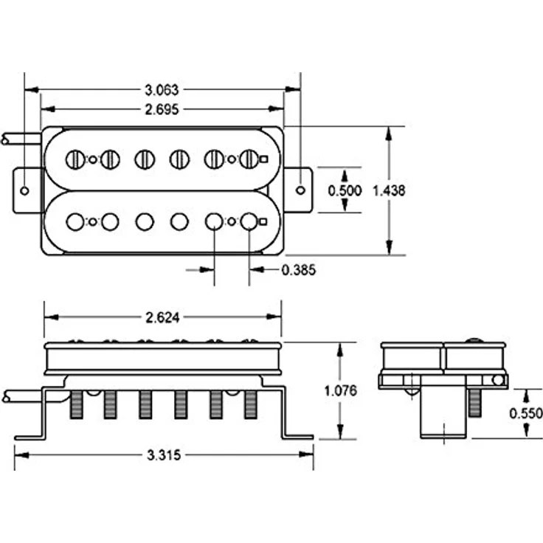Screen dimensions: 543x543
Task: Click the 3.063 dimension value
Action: pyautogui.click(x=162, y=90)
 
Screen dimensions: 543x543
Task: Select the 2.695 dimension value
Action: pyautogui.click(x=162, y=109)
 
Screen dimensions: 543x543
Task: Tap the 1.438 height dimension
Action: pyautogui.click(x=389, y=190)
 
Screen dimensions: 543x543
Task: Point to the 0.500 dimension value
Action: pyautogui.click(x=345, y=190)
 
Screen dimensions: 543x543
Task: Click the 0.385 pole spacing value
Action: pyautogui.click(x=299, y=270)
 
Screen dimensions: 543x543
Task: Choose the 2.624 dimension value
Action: pyautogui.click(x=162, y=317)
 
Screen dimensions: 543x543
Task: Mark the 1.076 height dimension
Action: pyautogui.click(x=340, y=390)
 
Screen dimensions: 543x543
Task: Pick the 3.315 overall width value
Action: pyautogui.click(x=164, y=454)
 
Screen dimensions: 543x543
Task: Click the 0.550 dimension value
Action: pyautogui.click(x=526, y=413)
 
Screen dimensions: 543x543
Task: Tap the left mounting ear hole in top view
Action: pyautogui.click(x=24, y=190)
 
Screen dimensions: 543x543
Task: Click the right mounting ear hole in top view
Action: pyautogui.click(x=300, y=190)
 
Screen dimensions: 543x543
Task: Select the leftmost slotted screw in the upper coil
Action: pyautogui.click(x=75, y=159)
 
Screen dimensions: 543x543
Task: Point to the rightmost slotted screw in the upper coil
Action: pyautogui.click(x=249, y=159)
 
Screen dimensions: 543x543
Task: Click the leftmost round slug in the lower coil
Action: pyautogui.click(x=75, y=221)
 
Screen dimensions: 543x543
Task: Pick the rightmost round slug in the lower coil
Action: pyautogui.click(x=249, y=221)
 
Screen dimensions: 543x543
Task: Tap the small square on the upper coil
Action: pyautogui.click(x=263, y=159)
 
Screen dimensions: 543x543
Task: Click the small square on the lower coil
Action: pyautogui.click(x=263, y=221)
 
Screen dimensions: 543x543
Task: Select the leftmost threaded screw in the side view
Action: pyautogui.click(x=77, y=404)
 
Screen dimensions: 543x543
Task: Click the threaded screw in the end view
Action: pyautogui.click(x=475, y=402)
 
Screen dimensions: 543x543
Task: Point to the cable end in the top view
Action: pyautogui.click(x=5, y=139)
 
